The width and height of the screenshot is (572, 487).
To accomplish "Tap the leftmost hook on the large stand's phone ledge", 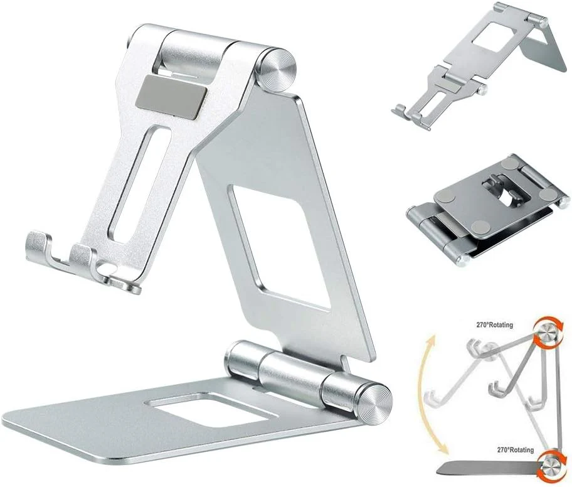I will tap(38, 248).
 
